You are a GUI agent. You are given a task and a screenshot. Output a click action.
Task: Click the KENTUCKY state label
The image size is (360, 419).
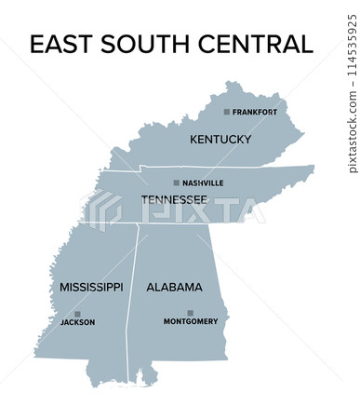220,140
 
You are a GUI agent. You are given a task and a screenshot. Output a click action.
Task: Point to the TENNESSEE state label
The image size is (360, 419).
174,200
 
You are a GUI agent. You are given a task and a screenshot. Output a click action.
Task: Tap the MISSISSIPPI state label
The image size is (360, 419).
91,287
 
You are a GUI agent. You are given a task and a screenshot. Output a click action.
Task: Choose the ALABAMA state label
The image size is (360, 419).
174,287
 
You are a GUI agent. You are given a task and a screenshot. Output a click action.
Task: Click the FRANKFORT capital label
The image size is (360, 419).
255,113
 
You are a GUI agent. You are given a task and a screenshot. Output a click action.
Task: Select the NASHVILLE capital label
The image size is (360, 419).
203,183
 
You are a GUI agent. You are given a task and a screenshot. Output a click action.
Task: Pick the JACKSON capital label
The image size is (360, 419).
77,323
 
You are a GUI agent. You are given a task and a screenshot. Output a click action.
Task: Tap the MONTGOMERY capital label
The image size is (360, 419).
191,322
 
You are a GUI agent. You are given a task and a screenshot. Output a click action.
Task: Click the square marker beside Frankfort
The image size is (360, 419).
226,113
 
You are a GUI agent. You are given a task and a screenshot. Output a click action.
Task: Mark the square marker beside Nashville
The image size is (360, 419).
177,183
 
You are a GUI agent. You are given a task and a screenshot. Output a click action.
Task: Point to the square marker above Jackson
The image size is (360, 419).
77,314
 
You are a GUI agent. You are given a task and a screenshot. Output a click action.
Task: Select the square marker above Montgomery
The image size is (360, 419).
191,313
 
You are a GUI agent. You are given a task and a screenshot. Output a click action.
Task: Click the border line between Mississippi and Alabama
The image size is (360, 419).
133,298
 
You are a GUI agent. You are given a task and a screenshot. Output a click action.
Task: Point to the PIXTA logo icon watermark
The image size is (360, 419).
103,210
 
